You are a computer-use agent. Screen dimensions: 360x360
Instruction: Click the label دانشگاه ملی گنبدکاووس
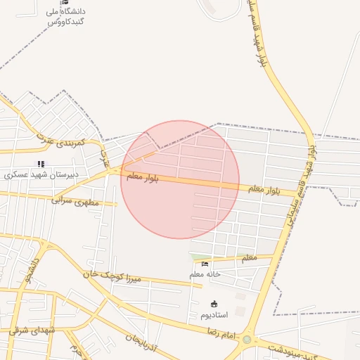pyautogui.click(x=66, y=16)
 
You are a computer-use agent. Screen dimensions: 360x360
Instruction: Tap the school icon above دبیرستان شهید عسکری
pyautogui.click(x=40, y=164)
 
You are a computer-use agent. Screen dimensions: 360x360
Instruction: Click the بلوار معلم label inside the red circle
pyautogui.click(x=143, y=178)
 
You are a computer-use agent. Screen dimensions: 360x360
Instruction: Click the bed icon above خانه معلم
pyautogui.click(x=205, y=264)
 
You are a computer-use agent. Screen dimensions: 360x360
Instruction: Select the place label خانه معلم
pyautogui.click(x=205, y=274)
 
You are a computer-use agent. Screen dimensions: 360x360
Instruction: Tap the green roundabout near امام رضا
pyautogui.click(x=247, y=340)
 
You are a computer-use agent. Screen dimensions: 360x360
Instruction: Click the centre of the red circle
pyautogui.click(x=180, y=179)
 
